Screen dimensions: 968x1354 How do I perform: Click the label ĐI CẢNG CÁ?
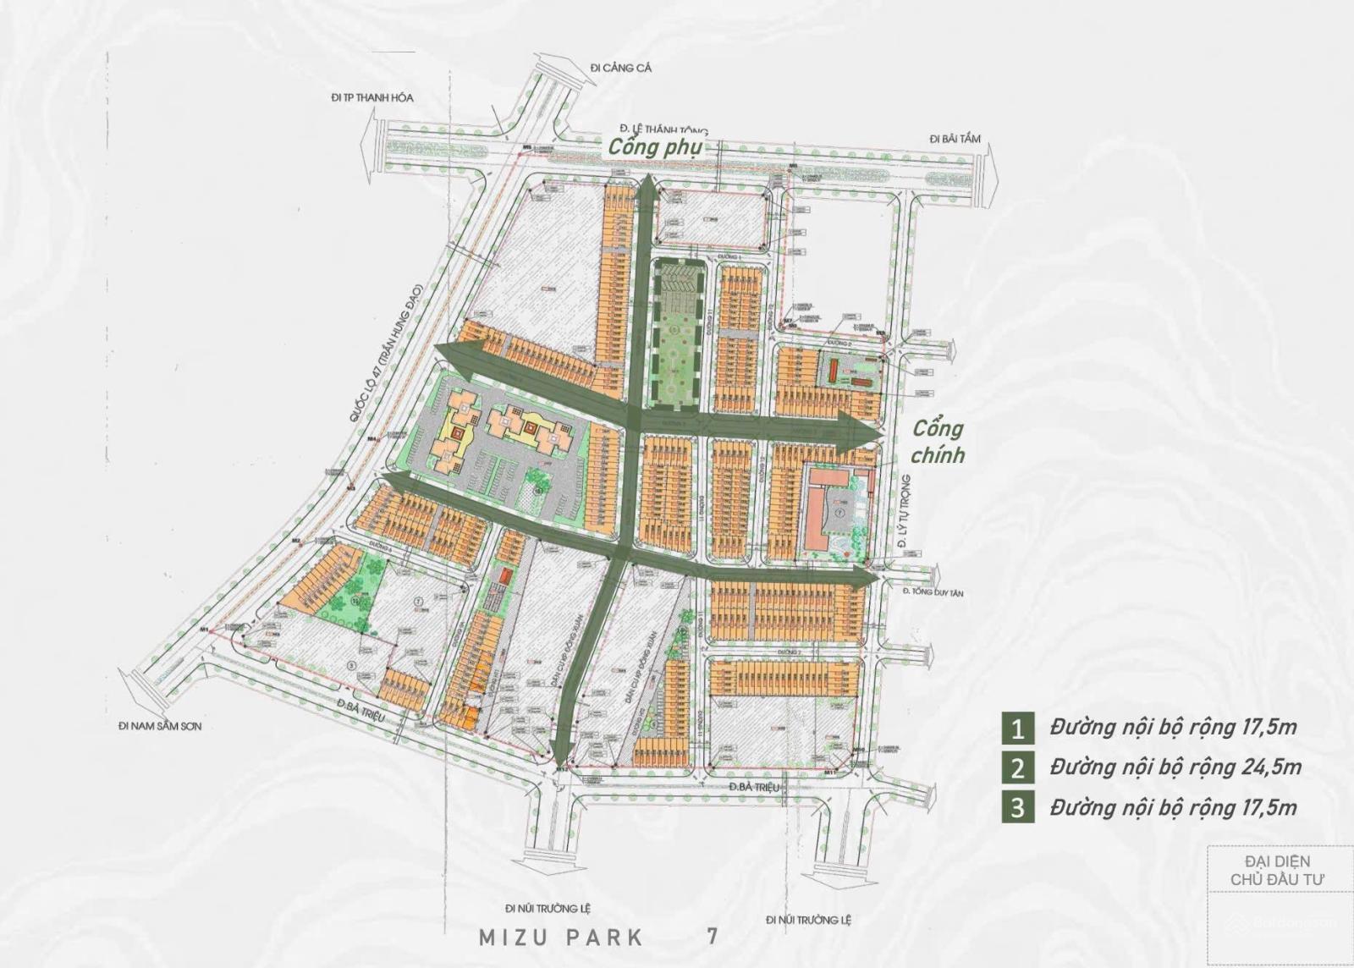(x=622, y=69)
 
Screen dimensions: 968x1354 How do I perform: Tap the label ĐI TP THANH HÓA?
(x=372, y=98)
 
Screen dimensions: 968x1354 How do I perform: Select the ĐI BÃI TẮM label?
(x=955, y=138)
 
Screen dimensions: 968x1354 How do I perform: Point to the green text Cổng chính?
(x=938, y=442)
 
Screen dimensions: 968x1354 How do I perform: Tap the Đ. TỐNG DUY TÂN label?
(x=933, y=593)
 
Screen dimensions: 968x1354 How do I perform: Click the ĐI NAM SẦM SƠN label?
(x=161, y=726)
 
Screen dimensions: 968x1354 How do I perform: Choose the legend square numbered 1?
(x=1017, y=728)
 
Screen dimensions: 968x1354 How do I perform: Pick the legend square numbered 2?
(x=1017, y=767)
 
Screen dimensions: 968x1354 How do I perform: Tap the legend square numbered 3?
(x=1017, y=807)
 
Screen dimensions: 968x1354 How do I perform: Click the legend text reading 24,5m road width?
(x=1175, y=767)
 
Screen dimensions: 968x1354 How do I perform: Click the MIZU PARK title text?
(x=561, y=938)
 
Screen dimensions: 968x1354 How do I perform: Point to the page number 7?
(x=713, y=936)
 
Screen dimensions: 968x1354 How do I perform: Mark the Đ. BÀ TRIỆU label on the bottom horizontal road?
(x=753, y=788)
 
